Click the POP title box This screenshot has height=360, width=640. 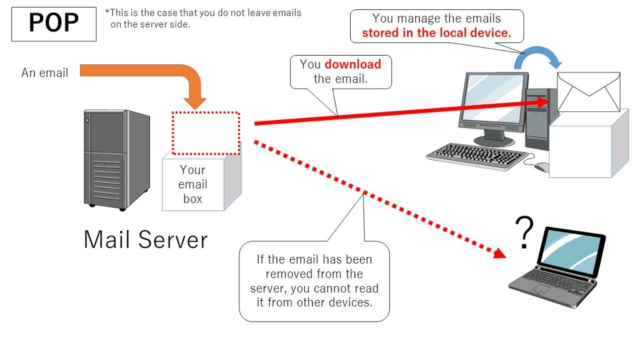pyautogui.click(x=54, y=24)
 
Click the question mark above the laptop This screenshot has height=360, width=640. pyautogui.click(x=525, y=232)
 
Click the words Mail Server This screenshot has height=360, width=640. pyautogui.click(x=145, y=239)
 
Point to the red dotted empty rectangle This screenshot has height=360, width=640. pyautogui.click(x=206, y=133)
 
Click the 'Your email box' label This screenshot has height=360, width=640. pyautogui.click(x=192, y=184)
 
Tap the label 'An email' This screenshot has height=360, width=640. pyautogui.click(x=44, y=73)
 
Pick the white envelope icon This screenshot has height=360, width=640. pyautogui.click(x=588, y=91)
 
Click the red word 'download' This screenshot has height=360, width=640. pyautogui.click(x=352, y=64)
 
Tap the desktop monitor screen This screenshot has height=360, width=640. pyautogui.click(x=491, y=103)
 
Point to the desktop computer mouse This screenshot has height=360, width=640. pyautogui.click(x=541, y=167)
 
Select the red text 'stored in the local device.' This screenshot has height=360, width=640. pyautogui.click(x=436, y=32)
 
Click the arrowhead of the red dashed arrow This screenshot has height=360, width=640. pyautogui.click(x=499, y=254)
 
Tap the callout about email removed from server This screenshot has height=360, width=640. pyautogui.click(x=314, y=281)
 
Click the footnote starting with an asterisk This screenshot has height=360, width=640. pyautogui.click(x=203, y=18)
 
